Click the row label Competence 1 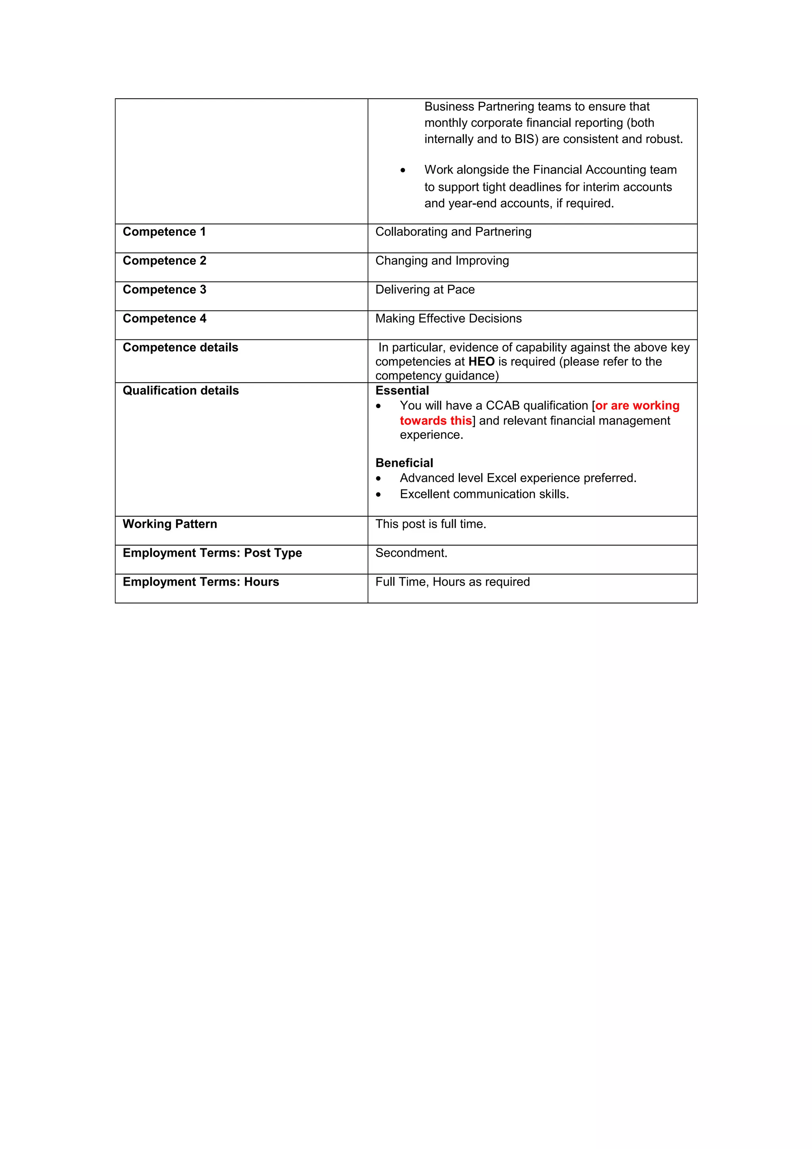164,232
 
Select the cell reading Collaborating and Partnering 453,232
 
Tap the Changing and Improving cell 442,261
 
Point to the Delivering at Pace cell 425,290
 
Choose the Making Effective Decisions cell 448,319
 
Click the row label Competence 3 164,290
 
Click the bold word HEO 481,362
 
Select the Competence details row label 180,348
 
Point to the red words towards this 435,421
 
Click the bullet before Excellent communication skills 379,495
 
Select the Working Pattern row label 170,524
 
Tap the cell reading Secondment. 411,553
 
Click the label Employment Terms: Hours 201,582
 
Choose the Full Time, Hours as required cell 452,582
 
